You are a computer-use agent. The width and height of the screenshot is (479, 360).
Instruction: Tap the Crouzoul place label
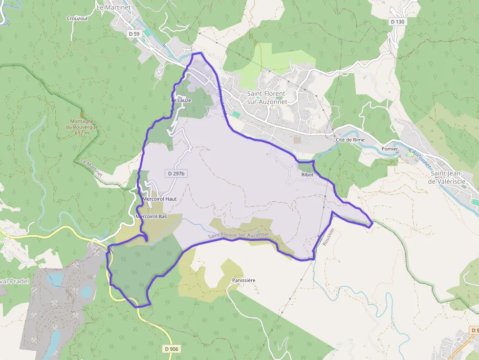pyautogui.click(x=77, y=18)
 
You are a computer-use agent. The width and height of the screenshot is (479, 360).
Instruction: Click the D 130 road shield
pyautogui.click(x=397, y=22)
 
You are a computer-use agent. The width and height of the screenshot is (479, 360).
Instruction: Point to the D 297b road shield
pyautogui.click(x=177, y=173)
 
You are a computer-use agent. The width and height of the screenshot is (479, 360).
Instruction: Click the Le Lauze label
pyautogui.click(x=181, y=100)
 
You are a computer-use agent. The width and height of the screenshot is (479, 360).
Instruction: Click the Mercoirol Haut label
pyautogui.click(x=159, y=199)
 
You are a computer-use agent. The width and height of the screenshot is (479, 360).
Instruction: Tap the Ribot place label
pyautogui.click(x=307, y=174)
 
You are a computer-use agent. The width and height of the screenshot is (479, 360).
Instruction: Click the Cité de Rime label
pyautogui.click(x=350, y=140)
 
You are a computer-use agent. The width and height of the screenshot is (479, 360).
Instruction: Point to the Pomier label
pyautogui.click(x=390, y=148)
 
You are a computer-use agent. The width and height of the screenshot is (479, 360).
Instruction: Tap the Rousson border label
pyautogui.click(x=328, y=237)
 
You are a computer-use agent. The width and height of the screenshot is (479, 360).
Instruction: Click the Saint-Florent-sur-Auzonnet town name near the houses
pyautogui.click(x=267, y=98)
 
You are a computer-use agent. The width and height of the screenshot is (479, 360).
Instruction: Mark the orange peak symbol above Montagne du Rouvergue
pyautogui.click(x=82, y=116)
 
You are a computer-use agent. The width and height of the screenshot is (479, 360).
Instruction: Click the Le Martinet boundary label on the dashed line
pyautogui.click(x=91, y=166)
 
